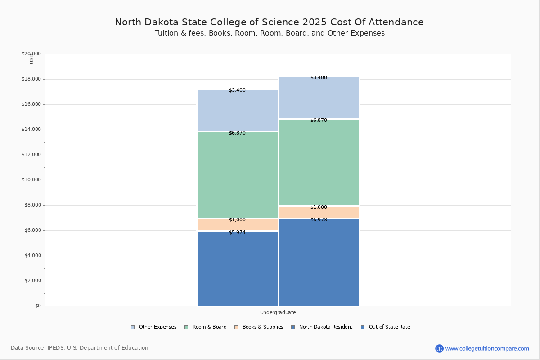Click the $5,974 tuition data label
[237, 233]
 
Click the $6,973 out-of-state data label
[319, 220]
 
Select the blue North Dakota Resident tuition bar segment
[238, 270]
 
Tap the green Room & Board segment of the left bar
[238, 175]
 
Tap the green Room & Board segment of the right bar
[319, 162]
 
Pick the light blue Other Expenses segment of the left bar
[238, 110]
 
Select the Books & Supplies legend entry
[262, 327]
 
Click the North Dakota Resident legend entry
[325, 327]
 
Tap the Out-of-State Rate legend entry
[389, 327]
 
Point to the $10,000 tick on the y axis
[31, 180]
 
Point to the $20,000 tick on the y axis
[31, 54]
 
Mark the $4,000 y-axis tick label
[32, 256]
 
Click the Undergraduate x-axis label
[278, 312]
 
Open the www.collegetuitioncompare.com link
[487, 348]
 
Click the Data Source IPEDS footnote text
[80, 348]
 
